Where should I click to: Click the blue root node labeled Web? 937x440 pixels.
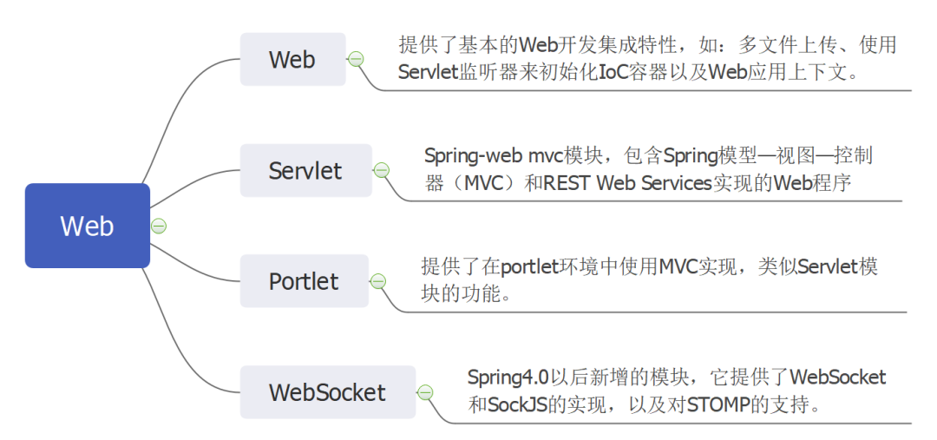click(87, 226)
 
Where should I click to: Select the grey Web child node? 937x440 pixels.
click(292, 59)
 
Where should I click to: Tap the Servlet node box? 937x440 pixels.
click(305, 170)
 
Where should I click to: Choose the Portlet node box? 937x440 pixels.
click(304, 281)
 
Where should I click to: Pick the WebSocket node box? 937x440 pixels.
click(327, 392)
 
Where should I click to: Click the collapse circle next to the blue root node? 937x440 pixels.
click(159, 226)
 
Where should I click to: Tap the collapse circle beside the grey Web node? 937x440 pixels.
click(356, 59)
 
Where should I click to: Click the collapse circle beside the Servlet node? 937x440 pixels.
click(381, 170)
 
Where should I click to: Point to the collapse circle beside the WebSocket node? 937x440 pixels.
click(425, 392)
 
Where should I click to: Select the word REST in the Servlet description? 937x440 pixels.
click(567, 184)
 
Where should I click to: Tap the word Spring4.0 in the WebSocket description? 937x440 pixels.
click(508, 378)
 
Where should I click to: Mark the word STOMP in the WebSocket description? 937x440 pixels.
click(719, 404)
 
